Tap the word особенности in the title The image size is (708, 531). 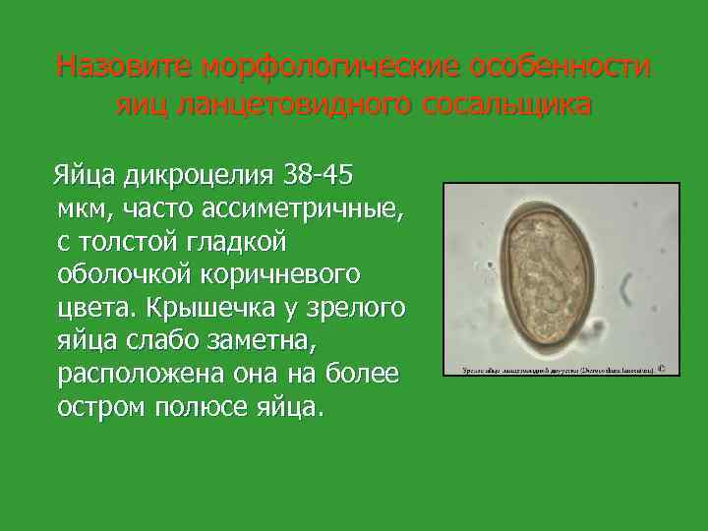tap(560, 67)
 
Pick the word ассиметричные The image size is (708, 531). tap(301, 208)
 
